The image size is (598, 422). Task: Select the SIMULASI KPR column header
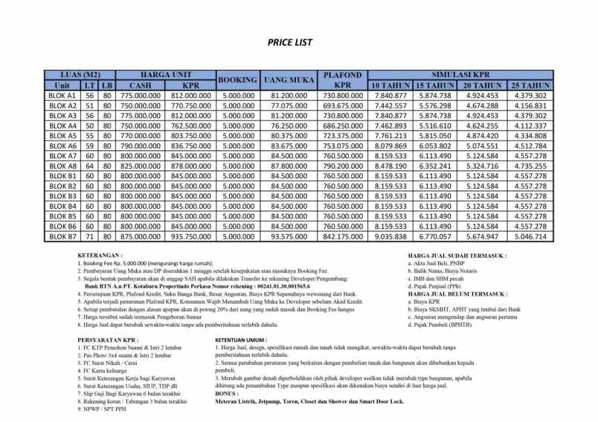coord(460,75)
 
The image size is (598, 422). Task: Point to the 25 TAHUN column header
coord(530,85)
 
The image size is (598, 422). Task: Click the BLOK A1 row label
coord(62,96)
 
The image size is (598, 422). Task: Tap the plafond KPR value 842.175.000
coord(343,236)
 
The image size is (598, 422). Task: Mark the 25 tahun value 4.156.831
coord(530,106)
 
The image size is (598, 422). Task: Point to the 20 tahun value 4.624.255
coord(482,126)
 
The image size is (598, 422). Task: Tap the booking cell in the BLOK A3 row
coord(239,116)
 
